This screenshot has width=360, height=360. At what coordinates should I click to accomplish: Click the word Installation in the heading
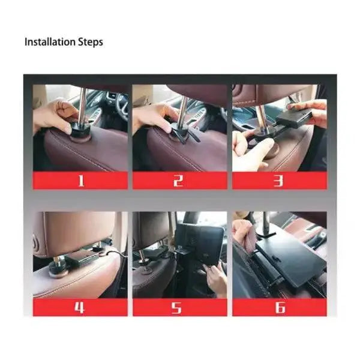coord(50,42)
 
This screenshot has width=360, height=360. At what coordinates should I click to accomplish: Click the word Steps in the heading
coord(91,43)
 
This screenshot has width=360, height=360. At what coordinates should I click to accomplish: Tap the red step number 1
coord(81,181)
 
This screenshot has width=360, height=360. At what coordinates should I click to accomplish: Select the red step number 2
coord(178,181)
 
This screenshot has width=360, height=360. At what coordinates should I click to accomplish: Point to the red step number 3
coord(278,181)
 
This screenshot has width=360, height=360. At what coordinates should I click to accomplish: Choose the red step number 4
coord(79,307)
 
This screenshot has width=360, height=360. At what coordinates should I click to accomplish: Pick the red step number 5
coord(176,307)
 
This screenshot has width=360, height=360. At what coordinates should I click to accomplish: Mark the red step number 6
coord(280,307)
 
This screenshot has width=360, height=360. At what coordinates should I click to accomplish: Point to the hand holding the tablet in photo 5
coord(216,279)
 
